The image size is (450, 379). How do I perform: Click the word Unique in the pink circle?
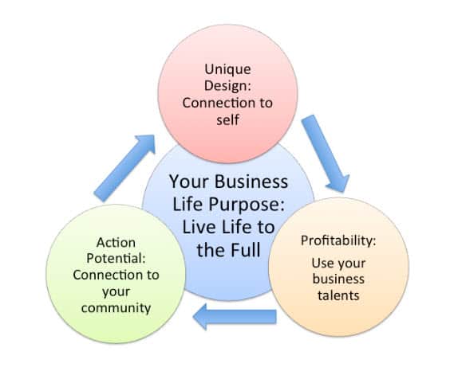tap(227, 69)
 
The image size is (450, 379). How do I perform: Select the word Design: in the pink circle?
tap(227, 86)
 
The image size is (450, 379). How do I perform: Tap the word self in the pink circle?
tap(228, 119)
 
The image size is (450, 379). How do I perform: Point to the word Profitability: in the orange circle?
tap(338, 240)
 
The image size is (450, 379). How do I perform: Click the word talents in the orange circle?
tap(338, 295)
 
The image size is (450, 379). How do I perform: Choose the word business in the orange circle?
tap(338, 279)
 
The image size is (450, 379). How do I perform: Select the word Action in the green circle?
tap(116, 243)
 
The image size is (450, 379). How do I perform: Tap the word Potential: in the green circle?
tap(116, 259)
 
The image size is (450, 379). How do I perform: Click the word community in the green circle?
tap(116, 308)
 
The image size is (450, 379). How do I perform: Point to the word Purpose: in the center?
tap(247, 205)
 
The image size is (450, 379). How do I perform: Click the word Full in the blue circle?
tap(246, 249)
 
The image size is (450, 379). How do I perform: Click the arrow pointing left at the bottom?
tap(235, 317)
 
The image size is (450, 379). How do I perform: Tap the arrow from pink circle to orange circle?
tap(326, 153)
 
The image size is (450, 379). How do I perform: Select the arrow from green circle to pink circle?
tap(124, 168)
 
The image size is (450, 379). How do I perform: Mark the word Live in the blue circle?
tap(199, 227)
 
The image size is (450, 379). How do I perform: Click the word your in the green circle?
tap(116, 292)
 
